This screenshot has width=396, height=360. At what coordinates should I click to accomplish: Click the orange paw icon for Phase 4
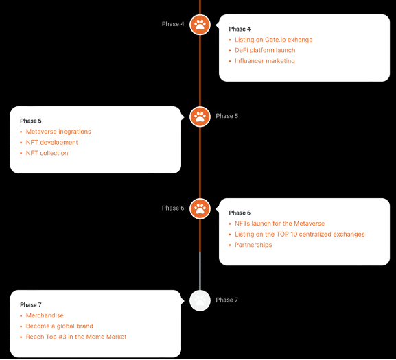tap(200, 25)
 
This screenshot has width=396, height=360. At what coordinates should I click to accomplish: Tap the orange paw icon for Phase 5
tap(200, 117)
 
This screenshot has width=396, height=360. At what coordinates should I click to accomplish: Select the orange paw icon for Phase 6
tap(200, 208)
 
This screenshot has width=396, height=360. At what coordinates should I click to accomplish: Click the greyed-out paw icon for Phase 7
tap(200, 300)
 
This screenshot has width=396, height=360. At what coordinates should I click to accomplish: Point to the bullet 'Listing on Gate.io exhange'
tap(274, 40)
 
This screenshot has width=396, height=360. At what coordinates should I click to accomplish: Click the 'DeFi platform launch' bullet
tap(265, 51)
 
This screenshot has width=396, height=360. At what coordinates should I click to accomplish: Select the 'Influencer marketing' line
tap(265, 61)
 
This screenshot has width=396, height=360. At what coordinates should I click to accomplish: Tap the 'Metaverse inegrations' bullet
tap(58, 132)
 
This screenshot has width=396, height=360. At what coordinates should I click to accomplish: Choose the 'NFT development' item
tap(51, 142)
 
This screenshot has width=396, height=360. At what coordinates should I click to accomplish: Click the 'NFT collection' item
tap(47, 153)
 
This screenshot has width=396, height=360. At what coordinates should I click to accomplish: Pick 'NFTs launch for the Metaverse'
tap(279, 224)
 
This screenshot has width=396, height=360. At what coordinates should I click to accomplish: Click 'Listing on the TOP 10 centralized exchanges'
tap(299, 235)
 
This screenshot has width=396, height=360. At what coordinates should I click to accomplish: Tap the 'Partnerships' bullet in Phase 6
tap(253, 245)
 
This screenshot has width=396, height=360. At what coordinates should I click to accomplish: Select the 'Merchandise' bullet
tap(45, 315)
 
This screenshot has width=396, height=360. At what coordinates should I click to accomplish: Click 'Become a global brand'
tap(60, 326)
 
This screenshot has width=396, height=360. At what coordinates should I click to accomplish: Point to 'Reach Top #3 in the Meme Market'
tap(76, 337)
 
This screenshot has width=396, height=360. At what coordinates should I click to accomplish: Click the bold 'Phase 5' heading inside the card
tap(31, 121)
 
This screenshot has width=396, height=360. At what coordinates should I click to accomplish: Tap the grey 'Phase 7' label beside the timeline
tap(226, 300)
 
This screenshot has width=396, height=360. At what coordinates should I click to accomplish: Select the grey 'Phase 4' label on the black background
tap(173, 24)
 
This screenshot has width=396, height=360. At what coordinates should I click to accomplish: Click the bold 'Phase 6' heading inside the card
tap(240, 213)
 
